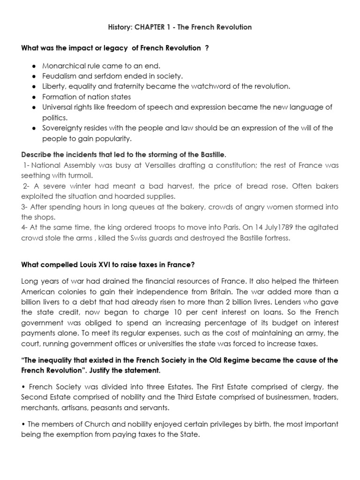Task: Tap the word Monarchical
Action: click(63, 66)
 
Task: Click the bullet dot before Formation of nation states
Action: click(34, 97)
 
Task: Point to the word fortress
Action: click(276, 238)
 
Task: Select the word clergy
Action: click(309, 387)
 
